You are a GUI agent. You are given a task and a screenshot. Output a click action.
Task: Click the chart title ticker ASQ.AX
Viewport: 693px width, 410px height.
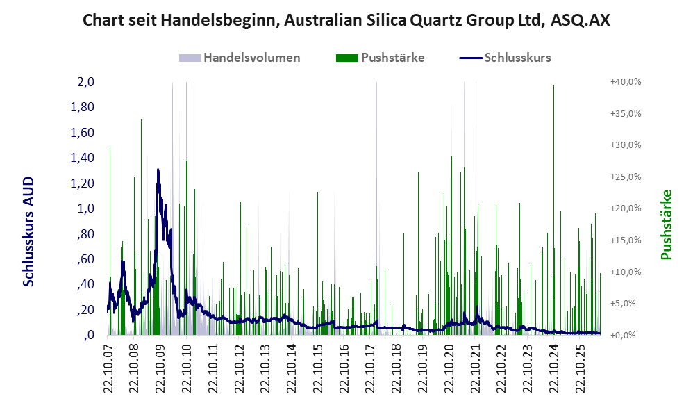pos(580,20)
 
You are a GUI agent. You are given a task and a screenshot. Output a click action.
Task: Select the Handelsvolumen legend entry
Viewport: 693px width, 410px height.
pos(240,58)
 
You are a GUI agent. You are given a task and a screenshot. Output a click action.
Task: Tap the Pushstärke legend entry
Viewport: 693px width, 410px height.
pos(380,58)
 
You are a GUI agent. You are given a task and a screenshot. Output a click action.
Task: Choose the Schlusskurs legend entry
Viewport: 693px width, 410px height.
pos(505,58)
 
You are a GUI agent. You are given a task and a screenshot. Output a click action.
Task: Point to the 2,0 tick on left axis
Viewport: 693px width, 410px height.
pos(86,82)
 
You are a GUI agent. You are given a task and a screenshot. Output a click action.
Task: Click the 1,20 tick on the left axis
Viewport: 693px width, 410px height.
pos(83,183)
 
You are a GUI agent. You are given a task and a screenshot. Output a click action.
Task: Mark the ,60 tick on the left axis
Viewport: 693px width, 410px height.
pos(85,259)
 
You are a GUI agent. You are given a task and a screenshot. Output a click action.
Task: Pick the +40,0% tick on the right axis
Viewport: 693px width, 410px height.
pos(626,82)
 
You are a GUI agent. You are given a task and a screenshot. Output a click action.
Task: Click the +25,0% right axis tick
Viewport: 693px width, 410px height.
pos(626,177)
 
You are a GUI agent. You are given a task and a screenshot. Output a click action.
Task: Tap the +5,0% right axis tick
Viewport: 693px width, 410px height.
pos(627,304)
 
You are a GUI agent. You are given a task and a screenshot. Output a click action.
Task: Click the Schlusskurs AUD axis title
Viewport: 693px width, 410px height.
pos(28,231)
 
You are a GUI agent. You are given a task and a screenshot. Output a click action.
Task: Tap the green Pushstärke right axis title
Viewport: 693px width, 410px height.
pos(667,224)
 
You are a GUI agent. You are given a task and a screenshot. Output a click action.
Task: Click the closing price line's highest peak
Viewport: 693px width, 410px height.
pos(158,170)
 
